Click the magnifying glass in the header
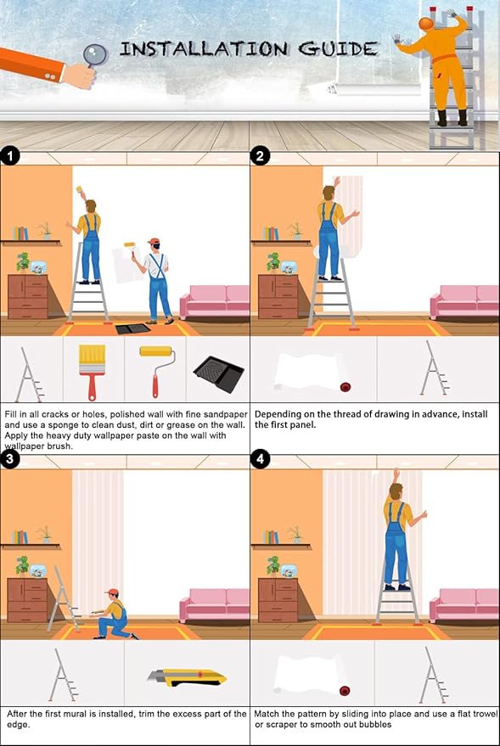(x=96, y=56)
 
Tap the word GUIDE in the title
(x=338, y=49)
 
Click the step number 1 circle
(x=10, y=156)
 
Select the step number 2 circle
(x=260, y=156)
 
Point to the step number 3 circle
(x=10, y=459)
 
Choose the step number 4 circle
(x=260, y=459)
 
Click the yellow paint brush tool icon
(x=93, y=372)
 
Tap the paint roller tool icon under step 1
(x=157, y=370)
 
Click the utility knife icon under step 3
(x=187, y=677)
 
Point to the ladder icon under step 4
(x=435, y=675)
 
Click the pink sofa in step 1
(x=215, y=301)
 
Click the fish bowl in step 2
(x=289, y=268)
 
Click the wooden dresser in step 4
(x=278, y=600)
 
